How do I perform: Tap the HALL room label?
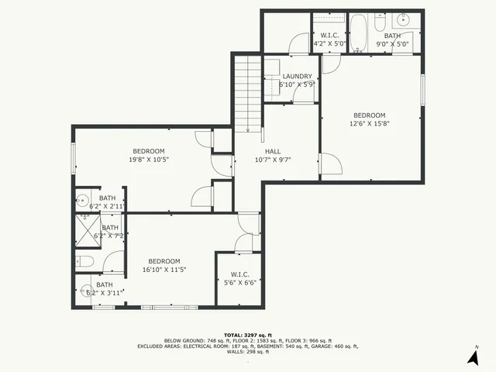click(x=273, y=151)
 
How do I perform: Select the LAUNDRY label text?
click(x=297, y=76)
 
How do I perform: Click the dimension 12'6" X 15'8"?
click(x=370, y=122)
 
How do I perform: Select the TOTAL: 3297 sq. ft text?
click(x=248, y=334)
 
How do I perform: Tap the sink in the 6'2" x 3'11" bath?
click(x=87, y=293)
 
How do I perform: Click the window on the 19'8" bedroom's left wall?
click(x=74, y=159)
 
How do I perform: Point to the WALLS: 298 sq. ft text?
click(x=248, y=353)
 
